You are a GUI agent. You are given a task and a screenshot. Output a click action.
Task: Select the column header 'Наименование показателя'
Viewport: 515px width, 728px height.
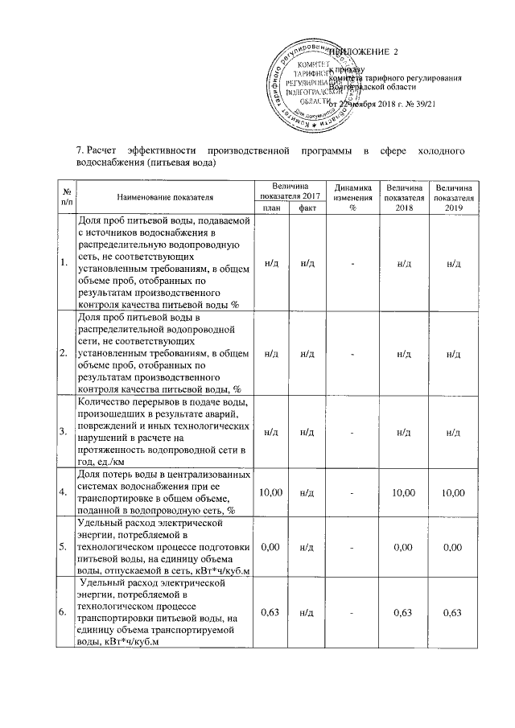[x=164, y=196]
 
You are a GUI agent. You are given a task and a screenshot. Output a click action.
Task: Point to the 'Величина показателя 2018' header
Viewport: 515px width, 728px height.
[x=402, y=195]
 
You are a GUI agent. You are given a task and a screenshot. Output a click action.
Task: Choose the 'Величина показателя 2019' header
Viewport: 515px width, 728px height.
[x=454, y=195]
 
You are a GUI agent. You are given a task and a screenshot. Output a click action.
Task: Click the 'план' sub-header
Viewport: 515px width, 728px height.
[x=270, y=208]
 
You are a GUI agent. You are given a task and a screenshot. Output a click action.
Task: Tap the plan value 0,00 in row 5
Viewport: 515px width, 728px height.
[x=270, y=546]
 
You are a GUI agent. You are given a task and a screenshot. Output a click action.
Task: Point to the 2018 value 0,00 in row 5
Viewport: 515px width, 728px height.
[x=402, y=546]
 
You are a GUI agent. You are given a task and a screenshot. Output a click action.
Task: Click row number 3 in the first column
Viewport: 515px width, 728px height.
[x=64, y=431]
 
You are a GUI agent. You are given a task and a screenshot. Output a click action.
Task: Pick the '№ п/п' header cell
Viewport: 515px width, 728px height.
[x=64, y=195]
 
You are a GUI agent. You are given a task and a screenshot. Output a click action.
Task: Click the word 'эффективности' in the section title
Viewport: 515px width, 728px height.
[x=159, y=150]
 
